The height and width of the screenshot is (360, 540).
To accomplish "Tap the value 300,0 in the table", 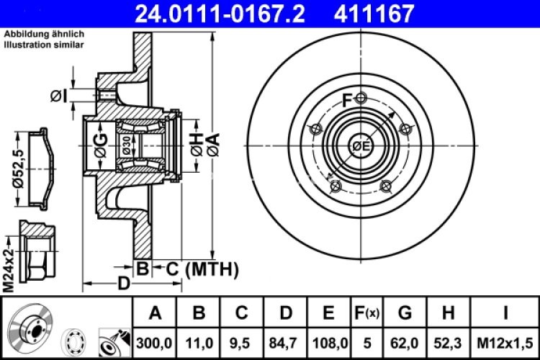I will [155, 340].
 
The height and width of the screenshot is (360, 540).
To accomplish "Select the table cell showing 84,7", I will [286, 340].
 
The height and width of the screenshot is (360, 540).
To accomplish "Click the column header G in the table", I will [405, 312].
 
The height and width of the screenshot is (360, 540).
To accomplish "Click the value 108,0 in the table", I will [328, 340].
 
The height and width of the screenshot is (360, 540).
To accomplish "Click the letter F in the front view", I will [347, 102].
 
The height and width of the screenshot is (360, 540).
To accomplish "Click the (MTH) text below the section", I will [212, 269].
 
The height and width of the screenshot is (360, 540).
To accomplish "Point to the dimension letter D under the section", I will [124, 283].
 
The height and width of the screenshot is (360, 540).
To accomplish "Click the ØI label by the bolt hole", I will [60, 95].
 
